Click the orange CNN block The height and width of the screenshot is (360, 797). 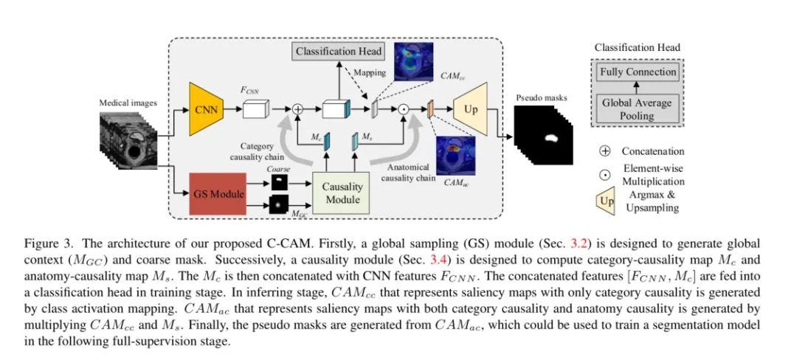(x=207, y=109)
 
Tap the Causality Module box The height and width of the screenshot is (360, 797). (x=341, y=193)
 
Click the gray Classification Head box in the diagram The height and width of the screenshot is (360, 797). (x=339, y=51)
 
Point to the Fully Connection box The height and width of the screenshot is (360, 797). (x=638, y=72)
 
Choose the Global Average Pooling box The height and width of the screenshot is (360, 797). (x=638, y=109)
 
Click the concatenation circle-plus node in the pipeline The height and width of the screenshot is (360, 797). (x=298, y=108)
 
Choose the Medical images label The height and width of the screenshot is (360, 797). (x=128, y=103)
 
